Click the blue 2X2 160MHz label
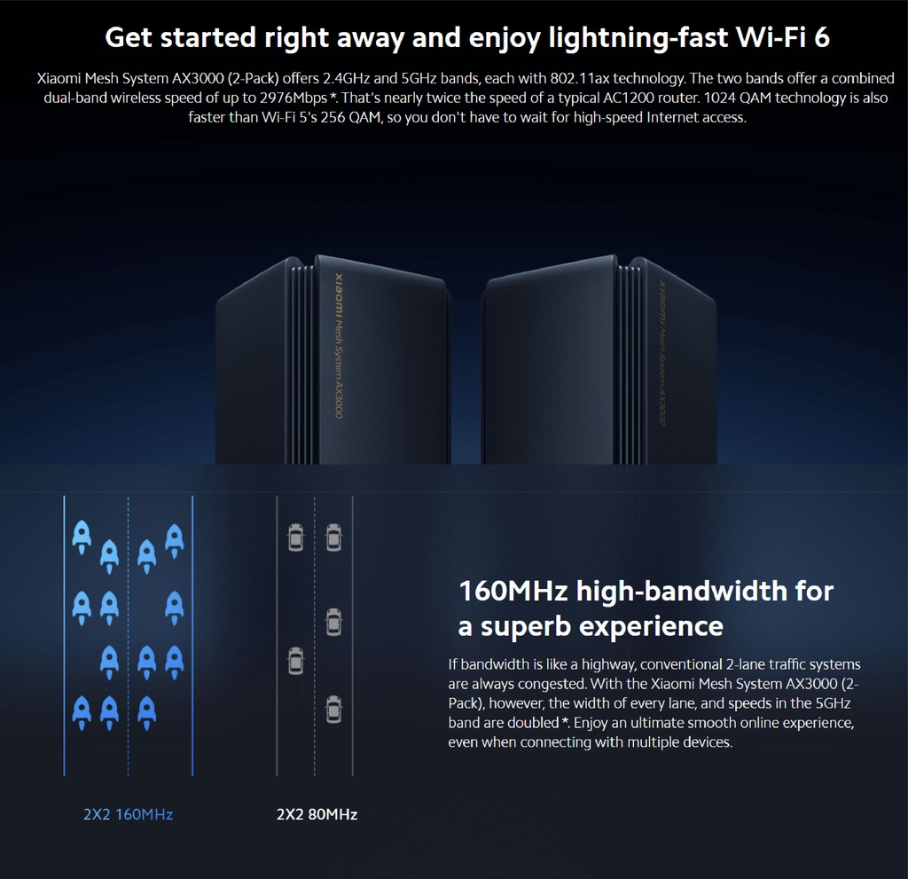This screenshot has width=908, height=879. click(128, 814)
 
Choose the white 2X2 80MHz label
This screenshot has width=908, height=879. click(317, 814)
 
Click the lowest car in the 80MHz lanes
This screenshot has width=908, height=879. click(333, 709)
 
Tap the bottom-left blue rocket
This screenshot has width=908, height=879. click(82, 710)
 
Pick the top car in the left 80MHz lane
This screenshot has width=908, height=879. click(295, 537)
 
